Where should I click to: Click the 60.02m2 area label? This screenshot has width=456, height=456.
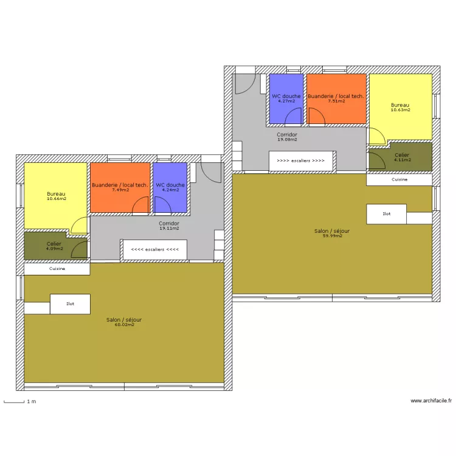click(124, 325)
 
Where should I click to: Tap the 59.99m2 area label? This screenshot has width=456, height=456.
click(332, 236)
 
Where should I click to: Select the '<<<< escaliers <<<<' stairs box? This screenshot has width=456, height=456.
click(154, 249)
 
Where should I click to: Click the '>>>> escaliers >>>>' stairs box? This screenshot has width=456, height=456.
click(300, 161)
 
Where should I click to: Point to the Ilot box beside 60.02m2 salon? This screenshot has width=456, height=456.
click(70, 304)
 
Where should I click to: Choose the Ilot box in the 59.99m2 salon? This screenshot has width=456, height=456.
click(387, 214)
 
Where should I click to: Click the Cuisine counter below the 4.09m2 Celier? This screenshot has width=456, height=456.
click(57, 268)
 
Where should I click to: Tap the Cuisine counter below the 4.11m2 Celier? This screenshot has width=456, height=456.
click(399, 180)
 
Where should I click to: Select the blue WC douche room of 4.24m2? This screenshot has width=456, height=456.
click(170, 188)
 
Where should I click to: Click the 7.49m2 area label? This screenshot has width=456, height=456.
click(120, 190)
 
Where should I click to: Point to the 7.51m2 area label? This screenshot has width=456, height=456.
click(336, 101)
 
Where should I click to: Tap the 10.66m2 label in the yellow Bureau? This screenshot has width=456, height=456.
click(57, 199)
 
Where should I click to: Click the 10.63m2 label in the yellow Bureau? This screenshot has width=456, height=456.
click(401, 110)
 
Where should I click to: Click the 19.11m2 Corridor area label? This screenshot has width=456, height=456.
click(169, 229)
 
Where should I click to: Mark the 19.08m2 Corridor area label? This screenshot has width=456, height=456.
click(288, 140)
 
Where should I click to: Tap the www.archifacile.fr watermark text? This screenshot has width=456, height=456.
click(431, 401)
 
